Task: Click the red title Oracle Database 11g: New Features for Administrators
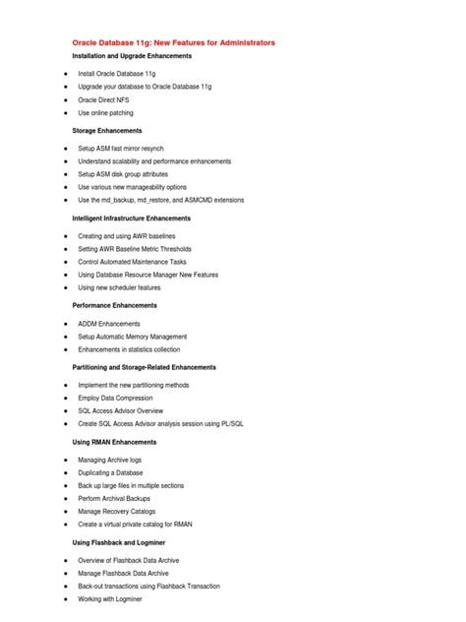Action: coord(174,43)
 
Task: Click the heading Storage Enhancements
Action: coord(107,130)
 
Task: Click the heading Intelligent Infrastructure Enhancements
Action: coord(146,218)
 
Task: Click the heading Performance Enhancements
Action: coord(114,305)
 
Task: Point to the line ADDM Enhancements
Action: coord(109,323)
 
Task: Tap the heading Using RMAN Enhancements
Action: coord(114,442)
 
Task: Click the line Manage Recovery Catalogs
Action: coord(123,511)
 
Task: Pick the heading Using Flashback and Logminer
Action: coord(119,542)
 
